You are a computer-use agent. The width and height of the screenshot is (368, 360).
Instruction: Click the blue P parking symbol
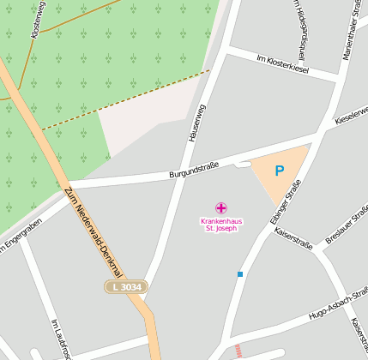279,171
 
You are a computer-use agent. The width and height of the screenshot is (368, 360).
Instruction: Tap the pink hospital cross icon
221,207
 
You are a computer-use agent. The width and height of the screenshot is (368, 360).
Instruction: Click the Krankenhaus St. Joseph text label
221,225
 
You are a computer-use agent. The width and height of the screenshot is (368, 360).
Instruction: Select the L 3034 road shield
127,286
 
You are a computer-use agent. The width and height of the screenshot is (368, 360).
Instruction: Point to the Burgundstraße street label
194,169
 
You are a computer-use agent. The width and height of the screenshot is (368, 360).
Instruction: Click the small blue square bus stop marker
240,274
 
